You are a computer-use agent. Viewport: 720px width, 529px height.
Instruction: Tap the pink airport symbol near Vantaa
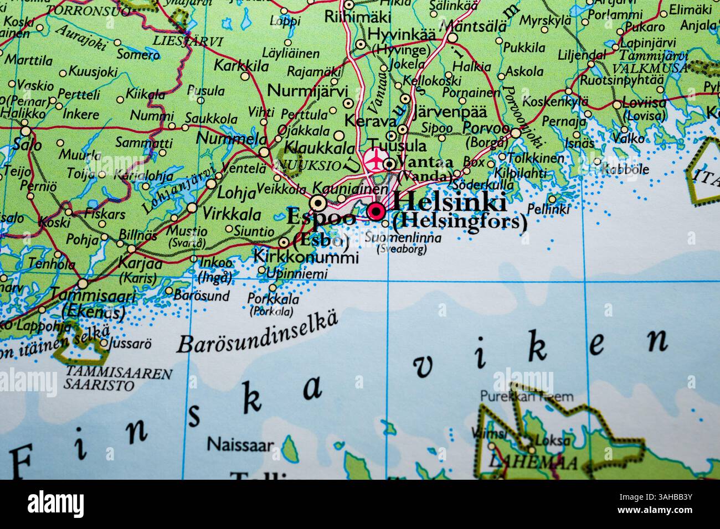376,159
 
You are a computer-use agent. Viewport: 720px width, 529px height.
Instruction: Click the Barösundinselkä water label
257,334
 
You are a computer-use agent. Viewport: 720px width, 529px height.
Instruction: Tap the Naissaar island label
240,444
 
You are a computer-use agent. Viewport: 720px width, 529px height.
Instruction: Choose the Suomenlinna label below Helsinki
403,239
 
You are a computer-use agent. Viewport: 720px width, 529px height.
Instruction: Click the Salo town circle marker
25,131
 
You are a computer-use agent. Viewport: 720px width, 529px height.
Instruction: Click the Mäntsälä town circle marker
452,38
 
